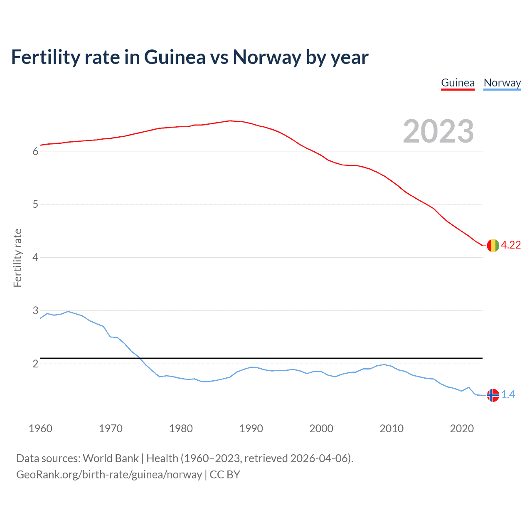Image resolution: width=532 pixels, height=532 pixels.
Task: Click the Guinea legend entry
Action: (x=458, y=83)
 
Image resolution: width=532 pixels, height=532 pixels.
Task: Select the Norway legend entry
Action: (x=502, y=83)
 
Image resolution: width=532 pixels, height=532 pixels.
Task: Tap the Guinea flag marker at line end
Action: (x=493, y=245)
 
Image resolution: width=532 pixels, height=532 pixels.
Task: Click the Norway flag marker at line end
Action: (x=493, y=395)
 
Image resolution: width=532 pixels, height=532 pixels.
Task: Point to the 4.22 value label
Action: (x=511, y=245)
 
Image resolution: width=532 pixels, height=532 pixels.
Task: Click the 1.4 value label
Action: (x=508, y=395)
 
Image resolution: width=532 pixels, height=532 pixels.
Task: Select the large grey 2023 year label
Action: (x=438, y=131)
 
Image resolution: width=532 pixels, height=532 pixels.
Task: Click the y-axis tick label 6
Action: (x=35, y=151)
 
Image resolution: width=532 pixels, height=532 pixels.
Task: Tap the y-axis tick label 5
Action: (x=35, y=204)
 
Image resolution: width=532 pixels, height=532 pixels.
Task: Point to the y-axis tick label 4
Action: (x=35, y=258)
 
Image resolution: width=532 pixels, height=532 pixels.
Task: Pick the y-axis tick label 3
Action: (x=35, y=310)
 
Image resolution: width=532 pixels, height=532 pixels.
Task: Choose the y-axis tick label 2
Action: (x=35, y=364)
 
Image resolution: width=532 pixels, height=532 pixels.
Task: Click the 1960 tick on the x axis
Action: (x=40, y=429)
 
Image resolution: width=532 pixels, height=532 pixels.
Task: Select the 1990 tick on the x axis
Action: (x=251, y=429)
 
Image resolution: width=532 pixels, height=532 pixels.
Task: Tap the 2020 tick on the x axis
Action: (x=462, y=429)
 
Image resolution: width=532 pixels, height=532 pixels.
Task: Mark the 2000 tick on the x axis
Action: (x=321, y=429)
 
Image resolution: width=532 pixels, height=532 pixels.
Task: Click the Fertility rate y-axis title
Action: (x=17, y=258)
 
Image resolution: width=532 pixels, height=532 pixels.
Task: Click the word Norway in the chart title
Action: (x=266, y=57)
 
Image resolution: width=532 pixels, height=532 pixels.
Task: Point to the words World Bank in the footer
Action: (x=111, y=458)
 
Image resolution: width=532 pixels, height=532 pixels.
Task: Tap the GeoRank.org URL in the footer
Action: (x=109, y=475)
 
